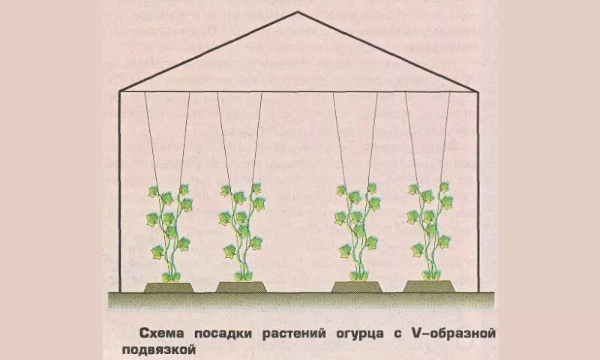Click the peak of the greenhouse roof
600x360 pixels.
tap(298, 13)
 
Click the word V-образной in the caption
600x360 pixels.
tap(451, 332)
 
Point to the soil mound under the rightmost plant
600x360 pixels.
tap(430, 286)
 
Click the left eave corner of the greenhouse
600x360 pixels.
tap(121, 91)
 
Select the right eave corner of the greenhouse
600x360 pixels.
tap(477, 91)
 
